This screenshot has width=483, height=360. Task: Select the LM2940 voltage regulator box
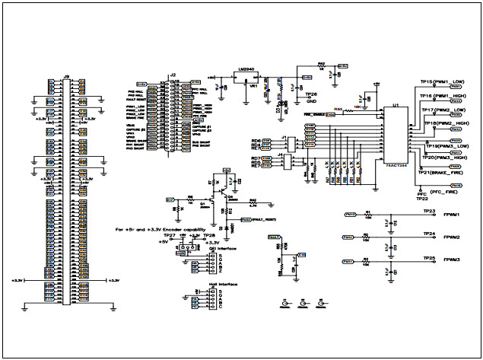246,76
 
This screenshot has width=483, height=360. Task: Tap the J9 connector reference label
66,75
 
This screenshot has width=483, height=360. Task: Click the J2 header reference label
173,75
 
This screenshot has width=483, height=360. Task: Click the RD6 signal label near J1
256,142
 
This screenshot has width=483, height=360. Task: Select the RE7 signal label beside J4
256,167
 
